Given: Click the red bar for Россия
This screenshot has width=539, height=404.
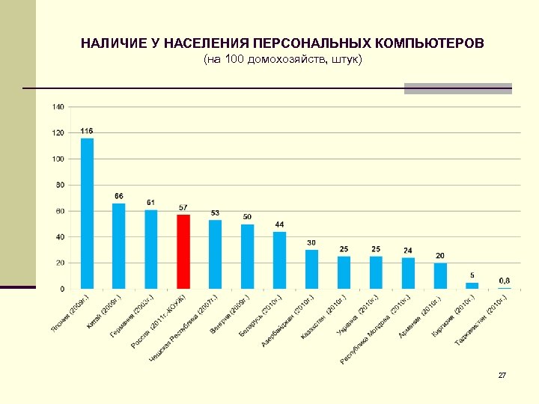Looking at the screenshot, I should coord(183,251).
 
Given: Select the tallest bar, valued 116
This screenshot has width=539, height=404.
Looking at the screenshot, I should coord(88,213).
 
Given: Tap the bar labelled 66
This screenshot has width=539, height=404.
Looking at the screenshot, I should coord(119,245).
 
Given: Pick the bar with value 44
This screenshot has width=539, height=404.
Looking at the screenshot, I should coord(279,260).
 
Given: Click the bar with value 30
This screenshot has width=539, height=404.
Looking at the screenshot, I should coord(311,269).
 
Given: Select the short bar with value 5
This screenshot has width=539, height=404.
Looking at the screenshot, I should coord(472,285).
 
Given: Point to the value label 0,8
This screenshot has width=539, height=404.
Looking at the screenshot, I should coord(505,281).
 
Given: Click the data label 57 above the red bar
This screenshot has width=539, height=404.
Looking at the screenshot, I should coord(183,207).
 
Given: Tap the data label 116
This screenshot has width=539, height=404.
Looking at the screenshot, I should coord(88,131).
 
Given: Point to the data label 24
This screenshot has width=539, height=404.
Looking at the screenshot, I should coord(408,250).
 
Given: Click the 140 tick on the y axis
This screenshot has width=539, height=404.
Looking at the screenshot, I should coord(58,107).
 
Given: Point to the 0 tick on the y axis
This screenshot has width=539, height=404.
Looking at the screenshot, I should coord(62,289).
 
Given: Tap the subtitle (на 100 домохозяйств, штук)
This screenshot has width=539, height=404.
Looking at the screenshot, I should coord(282,59).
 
